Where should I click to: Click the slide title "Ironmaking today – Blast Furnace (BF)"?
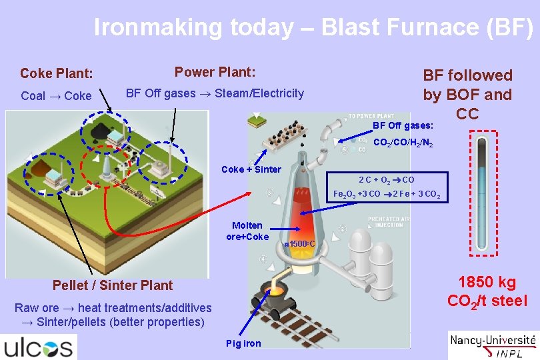[313, 27]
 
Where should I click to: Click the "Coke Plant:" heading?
[57, 73]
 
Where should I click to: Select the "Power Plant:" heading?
[215, 72]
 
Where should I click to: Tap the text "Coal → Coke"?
[56, 96]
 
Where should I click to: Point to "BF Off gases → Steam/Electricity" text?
[215, 93]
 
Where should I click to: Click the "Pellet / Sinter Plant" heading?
[113, 285]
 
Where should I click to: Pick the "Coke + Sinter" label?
[251, 169]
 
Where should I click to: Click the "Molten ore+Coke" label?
[247, 231]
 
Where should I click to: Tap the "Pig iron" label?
[243, 343]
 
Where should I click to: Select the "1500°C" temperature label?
[300, 245]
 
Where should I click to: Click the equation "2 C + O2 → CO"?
[386, 179]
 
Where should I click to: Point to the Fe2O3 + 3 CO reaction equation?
[386, 194]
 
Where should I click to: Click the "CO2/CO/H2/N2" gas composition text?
[403, 142]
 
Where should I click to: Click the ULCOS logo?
[39, 347]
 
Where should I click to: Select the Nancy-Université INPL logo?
[493, 345]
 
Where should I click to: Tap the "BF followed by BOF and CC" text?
[467, 94]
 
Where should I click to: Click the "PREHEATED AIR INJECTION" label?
[385, 221]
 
